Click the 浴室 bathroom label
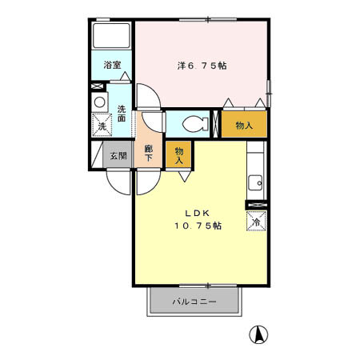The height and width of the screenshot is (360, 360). click(x=112, y=66)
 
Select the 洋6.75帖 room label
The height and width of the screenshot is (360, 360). click(x=202, y=66)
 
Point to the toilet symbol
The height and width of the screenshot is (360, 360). click(x=193, y=124)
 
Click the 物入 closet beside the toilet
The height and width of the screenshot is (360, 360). click(x=244, y=124)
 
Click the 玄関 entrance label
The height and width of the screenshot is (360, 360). click(x=118, y=156)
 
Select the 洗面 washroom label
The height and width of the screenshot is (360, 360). click(x=122, y=114)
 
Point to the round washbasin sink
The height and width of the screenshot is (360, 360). click(x=99, y=102)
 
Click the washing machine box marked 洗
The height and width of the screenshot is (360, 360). click(x=102, y=126)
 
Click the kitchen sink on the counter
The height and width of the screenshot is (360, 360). click(x=257, y=181)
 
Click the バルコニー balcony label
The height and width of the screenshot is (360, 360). click(x=194, y=302)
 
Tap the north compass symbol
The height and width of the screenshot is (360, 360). click(x=259, y=334)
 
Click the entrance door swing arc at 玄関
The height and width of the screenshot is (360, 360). click(x=121, y=182)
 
